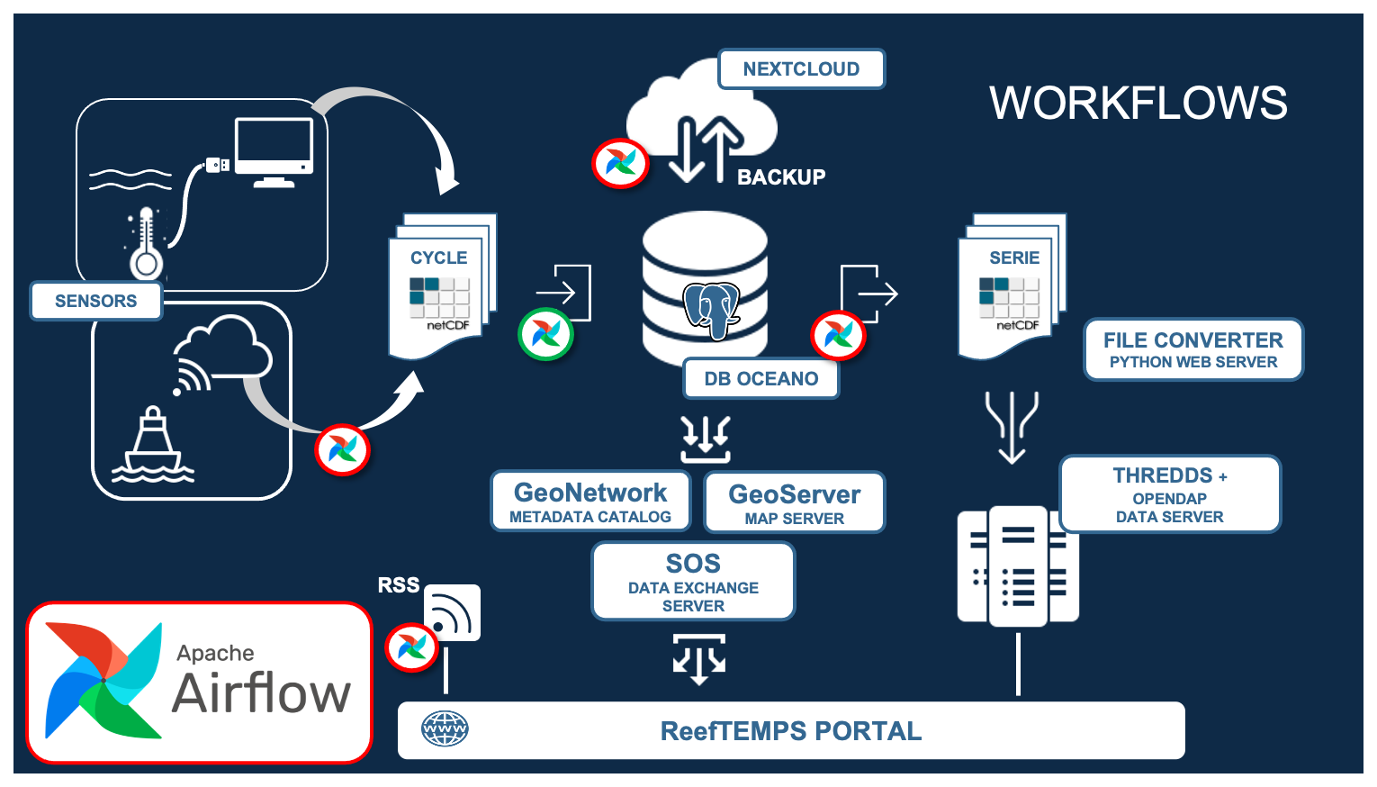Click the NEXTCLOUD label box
801,69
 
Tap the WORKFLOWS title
1138,103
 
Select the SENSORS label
96,301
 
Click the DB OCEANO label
760,378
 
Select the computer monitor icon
274,152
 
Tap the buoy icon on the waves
152,447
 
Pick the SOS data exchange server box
693,582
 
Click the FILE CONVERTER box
1193,349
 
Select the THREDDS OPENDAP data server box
1169,494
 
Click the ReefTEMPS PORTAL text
791,731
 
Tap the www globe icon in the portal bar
445,729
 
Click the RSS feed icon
452,613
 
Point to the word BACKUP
781,177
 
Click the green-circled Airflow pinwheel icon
546,334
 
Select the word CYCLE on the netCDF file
439,258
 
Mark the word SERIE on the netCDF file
1014,258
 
